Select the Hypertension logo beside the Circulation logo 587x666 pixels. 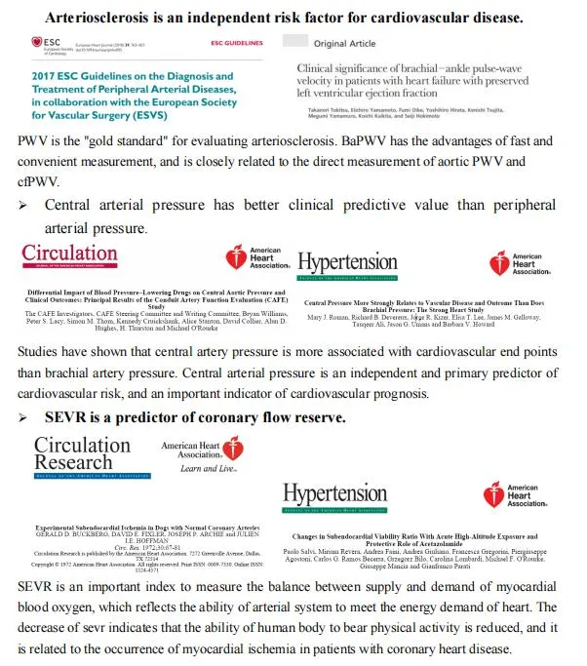(x=347, y=263)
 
